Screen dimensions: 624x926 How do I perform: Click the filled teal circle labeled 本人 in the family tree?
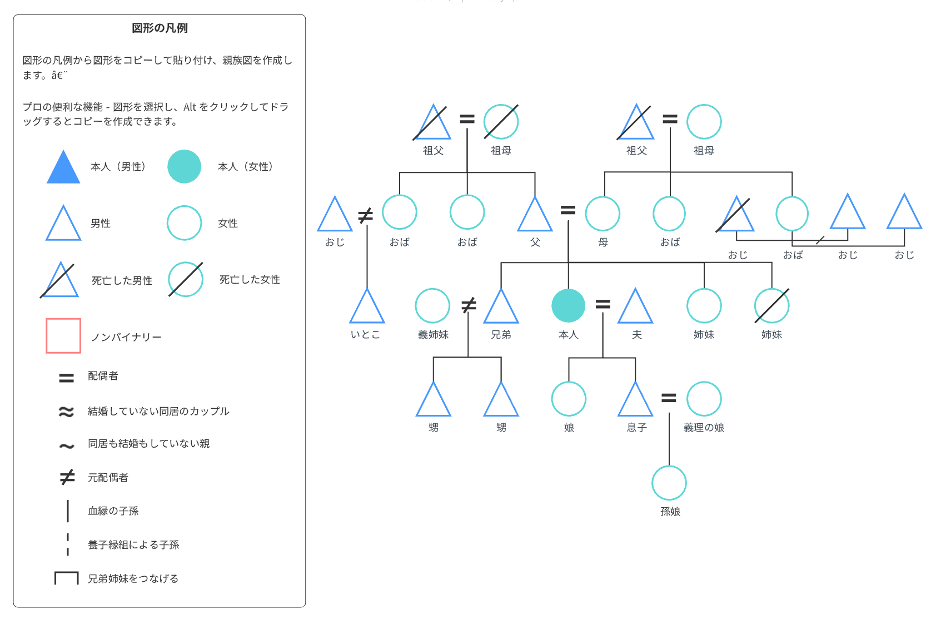click(x=568, y=306)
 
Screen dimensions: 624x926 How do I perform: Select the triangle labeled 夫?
click(x=635, y=309)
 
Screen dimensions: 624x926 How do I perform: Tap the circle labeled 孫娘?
click(x=669, y=483)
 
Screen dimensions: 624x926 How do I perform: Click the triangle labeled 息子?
click(x=635, y=402)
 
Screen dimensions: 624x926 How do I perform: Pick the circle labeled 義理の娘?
click(x=704, y=399)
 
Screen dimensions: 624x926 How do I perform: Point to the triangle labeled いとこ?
click(x=367, y=309)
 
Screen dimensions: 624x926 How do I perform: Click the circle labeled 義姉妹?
click(x=432, y=305)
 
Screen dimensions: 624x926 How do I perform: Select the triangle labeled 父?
click(x=535, y=217)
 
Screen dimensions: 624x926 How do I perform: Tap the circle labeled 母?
click(x=603, y=214)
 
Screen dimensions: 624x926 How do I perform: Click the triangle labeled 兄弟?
click(x=501, y=309)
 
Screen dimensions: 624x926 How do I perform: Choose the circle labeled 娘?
click(x=569, y=399)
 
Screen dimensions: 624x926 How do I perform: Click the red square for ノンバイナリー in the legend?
click(x=63, y=336)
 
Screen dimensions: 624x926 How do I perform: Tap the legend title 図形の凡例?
click(x=160, y=28)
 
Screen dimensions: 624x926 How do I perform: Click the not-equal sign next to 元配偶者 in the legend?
click(x=67, y=477)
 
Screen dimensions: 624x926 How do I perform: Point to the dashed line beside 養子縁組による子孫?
click(x=68, y=544)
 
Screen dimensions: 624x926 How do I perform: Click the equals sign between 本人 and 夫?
click(x=603, y=304)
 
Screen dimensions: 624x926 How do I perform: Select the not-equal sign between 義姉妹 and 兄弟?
click(x=469, y=305)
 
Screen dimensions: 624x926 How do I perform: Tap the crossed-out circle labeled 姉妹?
click(x=771, y=305)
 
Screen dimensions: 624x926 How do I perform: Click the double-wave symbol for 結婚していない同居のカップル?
click(x=66, y=412)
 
